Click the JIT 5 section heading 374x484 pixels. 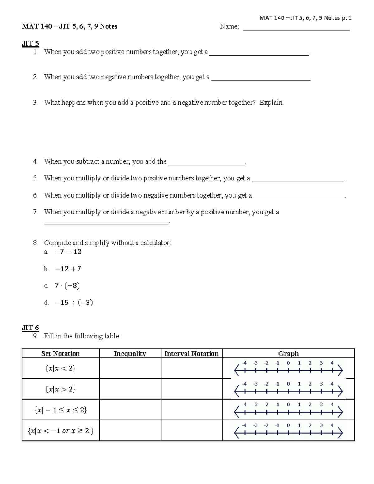30,43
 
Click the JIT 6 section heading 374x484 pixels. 30,328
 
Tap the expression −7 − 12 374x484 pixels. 68,252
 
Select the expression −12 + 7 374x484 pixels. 68,269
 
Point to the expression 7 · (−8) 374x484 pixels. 67,285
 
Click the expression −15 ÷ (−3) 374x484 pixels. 74,303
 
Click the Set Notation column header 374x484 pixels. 60,353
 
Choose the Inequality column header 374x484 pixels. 130,353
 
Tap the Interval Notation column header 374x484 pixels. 191,353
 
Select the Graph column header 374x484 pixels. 288,353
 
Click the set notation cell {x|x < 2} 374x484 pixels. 60,368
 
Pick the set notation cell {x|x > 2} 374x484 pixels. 60,389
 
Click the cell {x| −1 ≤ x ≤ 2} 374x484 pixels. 60,410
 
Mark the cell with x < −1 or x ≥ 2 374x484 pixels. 60,431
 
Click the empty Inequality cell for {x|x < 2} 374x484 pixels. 130,368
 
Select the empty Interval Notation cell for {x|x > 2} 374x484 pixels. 191,389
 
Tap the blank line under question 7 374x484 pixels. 106,222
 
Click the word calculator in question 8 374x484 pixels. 155,243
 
